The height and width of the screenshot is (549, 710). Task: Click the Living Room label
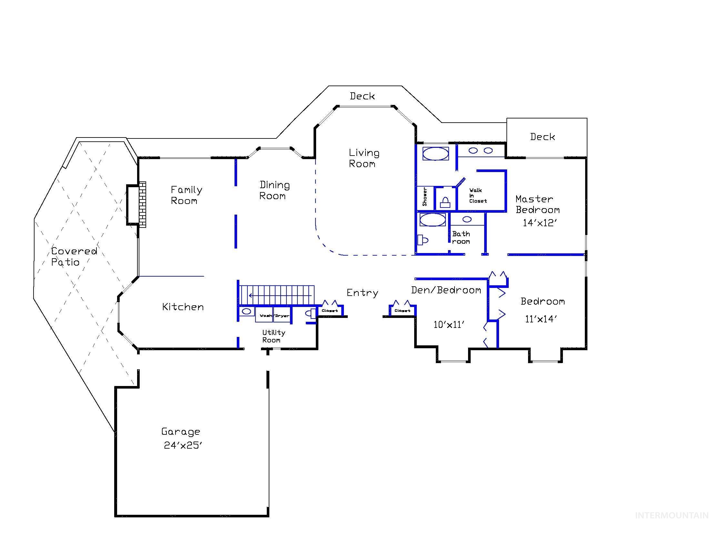tap(364, 158)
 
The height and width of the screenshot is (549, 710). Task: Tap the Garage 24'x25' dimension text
tap(183, 445)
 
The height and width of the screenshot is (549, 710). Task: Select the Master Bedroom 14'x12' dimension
tap(540, 223)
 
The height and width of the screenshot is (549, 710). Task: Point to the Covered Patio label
tap(74, 256)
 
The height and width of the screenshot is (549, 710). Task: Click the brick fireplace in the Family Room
tap(142, 204)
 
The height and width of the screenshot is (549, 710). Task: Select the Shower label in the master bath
tap(425, 197)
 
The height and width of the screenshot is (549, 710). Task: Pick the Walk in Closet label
tap(477, 196)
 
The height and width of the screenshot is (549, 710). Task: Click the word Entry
tap(362, 293)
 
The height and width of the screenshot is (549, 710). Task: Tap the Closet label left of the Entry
tap(330, 310)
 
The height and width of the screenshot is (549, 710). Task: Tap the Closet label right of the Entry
tap(402, 310)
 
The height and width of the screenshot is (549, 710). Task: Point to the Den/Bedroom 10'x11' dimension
tap(449, 325)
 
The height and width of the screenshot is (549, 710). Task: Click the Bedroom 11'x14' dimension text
tap(541, 319)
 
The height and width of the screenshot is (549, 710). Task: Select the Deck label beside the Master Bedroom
tap(542, 137)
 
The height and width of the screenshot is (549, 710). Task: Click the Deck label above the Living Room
tap(362, 96)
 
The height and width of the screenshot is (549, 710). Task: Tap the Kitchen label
tap(183, 307)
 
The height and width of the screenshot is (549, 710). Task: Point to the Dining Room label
tap(274, 190)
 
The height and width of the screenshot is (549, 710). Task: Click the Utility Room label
tap(274, 336)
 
